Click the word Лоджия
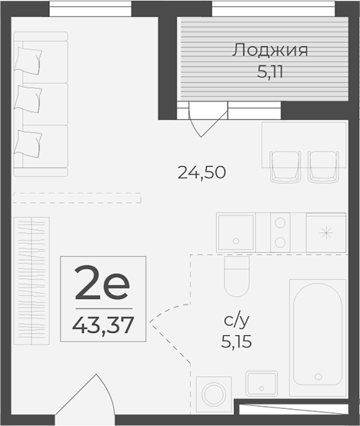pos(270,52)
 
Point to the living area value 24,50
pos(202,173)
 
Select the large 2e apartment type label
pos(102,286)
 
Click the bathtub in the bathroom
pos(315,337)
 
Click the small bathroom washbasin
pos(262,383)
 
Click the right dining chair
pos(322,166)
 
